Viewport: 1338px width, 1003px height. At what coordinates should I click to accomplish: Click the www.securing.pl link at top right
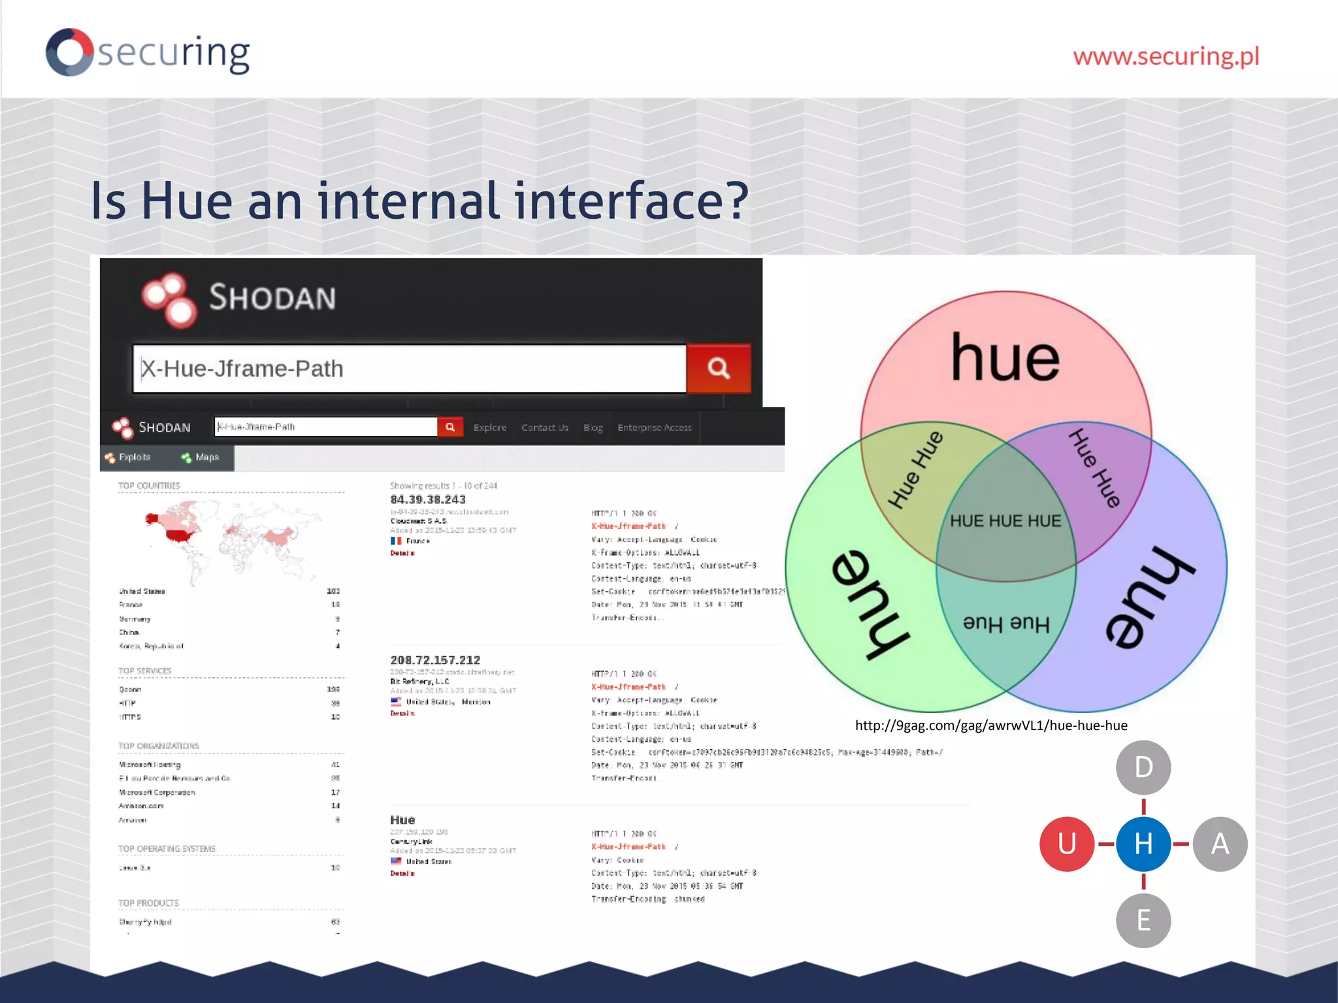click(x=1166, y=57)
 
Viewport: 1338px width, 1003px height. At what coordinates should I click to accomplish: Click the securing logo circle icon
click(x=69, y=52)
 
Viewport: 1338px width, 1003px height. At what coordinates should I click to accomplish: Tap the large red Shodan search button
click(x=718, y=368)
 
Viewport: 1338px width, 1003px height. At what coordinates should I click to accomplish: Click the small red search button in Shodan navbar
click(x=449, y=427)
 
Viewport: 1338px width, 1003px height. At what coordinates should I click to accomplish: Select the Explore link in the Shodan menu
click(x=489, y=428)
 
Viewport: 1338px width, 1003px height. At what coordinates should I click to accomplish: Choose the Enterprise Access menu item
click(x=654, y=428)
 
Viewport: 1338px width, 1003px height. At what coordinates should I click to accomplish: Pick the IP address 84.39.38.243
click(x=428, y=500)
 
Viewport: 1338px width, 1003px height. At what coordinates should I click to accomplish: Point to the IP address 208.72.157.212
click(x=435, y=660)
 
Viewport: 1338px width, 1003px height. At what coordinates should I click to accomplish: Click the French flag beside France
click(x=396, y=541)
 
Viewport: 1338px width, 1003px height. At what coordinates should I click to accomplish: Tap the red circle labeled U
click(x=1066, y=844)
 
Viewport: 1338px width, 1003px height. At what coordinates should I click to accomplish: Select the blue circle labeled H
click(x=1143, y=844)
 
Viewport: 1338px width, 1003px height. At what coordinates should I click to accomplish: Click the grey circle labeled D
click(x=1143, y=767)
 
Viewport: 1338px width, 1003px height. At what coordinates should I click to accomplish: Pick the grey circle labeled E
click(x=1143, y=920)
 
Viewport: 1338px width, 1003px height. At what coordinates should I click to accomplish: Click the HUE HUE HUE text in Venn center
click(x=1005, y=521)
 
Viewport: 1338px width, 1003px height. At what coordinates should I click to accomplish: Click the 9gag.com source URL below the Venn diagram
click(x=991, y=725)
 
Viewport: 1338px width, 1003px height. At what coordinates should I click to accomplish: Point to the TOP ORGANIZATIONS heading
click(x=159, y=746)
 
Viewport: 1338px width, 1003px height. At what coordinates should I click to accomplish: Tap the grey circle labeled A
click(x=1220, y=844)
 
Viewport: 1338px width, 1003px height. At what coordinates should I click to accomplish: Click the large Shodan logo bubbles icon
click(x=169, y=300)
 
